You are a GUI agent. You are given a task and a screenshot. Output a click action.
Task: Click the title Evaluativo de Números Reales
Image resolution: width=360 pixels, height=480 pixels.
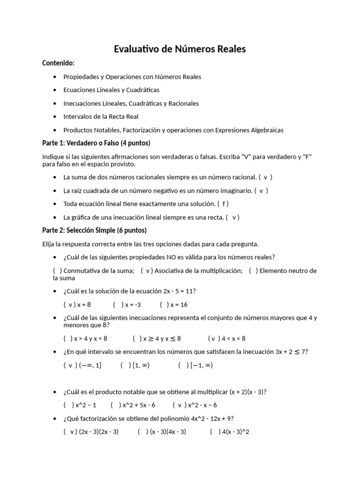pyautogui.click(x=180, y=49)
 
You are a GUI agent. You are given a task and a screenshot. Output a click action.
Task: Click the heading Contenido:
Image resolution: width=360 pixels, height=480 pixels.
pyautogui.click(x=59, y=63)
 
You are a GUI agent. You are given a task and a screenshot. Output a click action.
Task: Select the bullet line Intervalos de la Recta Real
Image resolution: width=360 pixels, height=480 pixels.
pyautogui.click(x=101, y=116)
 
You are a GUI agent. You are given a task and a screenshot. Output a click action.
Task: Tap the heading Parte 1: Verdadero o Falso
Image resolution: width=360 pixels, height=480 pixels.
pyautogui.click(x=96, y=143)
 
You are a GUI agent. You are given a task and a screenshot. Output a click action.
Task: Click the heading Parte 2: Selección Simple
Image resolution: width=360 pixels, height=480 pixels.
pyautogui.click(x=94, y=230)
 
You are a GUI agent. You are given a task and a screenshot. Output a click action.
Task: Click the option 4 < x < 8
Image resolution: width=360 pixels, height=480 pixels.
pyautogui.click(x=227, y=338)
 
